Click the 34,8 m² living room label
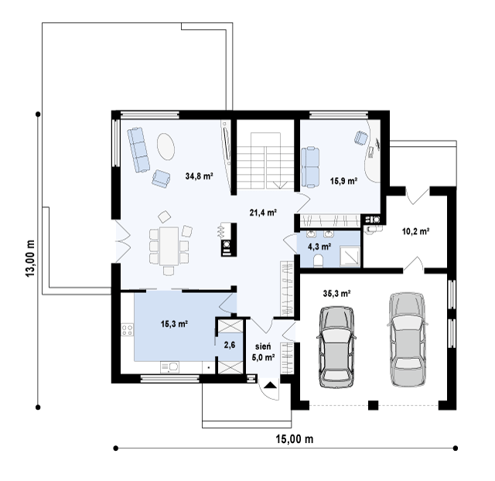click(x=199, y=176)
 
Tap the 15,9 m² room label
click(x=343, y=181)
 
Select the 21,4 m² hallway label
click(x=263, y=213)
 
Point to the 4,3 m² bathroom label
click(x=319, y=246)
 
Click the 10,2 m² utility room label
click(x=415, y=231)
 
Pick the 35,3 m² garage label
click(x=337, y=294)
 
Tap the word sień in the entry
click(x=263, y=346)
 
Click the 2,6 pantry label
click(x=230, y=345)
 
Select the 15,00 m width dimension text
click(x=295, y=438)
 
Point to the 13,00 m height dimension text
click(x=30, y=258)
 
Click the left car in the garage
click(x=336, y=346)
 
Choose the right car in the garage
click(x=408, y=339)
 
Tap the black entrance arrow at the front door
click(x=271, y=385)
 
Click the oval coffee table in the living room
click(x=166, y=147)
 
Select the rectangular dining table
click(x=169, y=246)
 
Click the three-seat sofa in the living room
click(x=138, y=150)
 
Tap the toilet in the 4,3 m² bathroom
click(x=318, y=261)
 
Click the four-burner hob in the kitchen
click(x=127, y=330)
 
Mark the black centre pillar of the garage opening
click(x=373, y=405)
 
